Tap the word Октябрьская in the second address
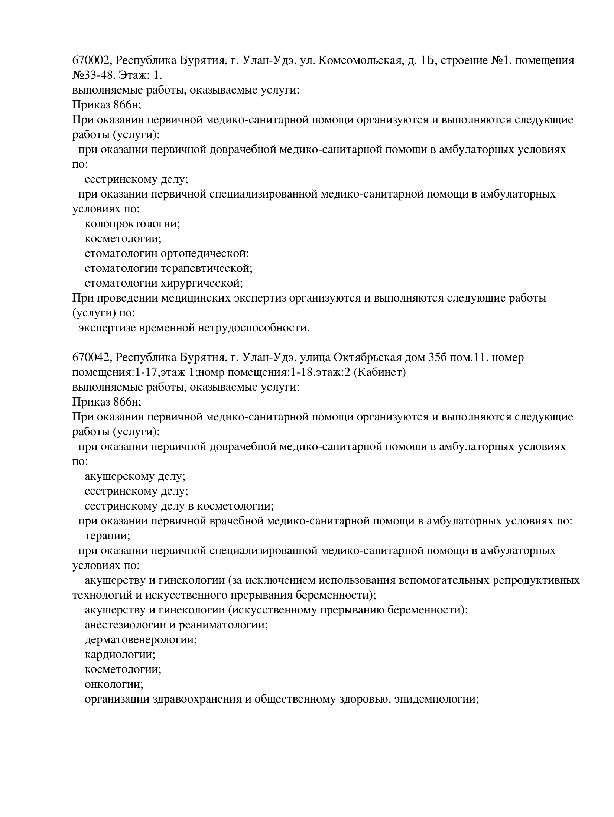pos(368,358)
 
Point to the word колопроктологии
pos(132,224)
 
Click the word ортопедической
pos(205,254)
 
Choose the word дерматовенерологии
pos(140,640)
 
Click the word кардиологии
pos(120,655)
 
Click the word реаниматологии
pos(223,625)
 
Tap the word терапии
pos(107,536)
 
